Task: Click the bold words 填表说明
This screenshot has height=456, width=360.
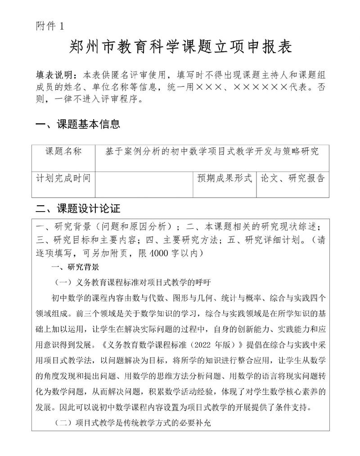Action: coord(55,74)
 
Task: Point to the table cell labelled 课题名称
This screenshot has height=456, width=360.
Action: coord(63,152)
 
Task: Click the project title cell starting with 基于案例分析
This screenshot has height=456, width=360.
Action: coord(211,152)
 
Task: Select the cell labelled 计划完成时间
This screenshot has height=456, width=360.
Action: coord(63,178)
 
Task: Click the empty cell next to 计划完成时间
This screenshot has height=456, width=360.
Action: coord(144,184)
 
